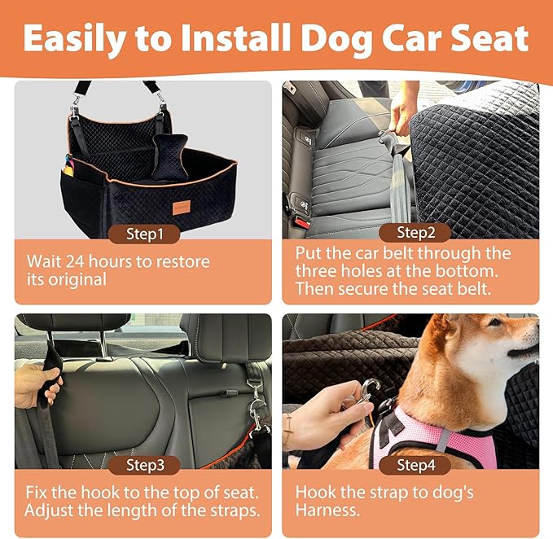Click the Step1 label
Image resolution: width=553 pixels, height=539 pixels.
pos(144,234)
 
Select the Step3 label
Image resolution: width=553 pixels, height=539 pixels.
pos(144,466)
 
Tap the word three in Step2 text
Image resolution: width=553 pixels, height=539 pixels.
pos(316,270)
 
